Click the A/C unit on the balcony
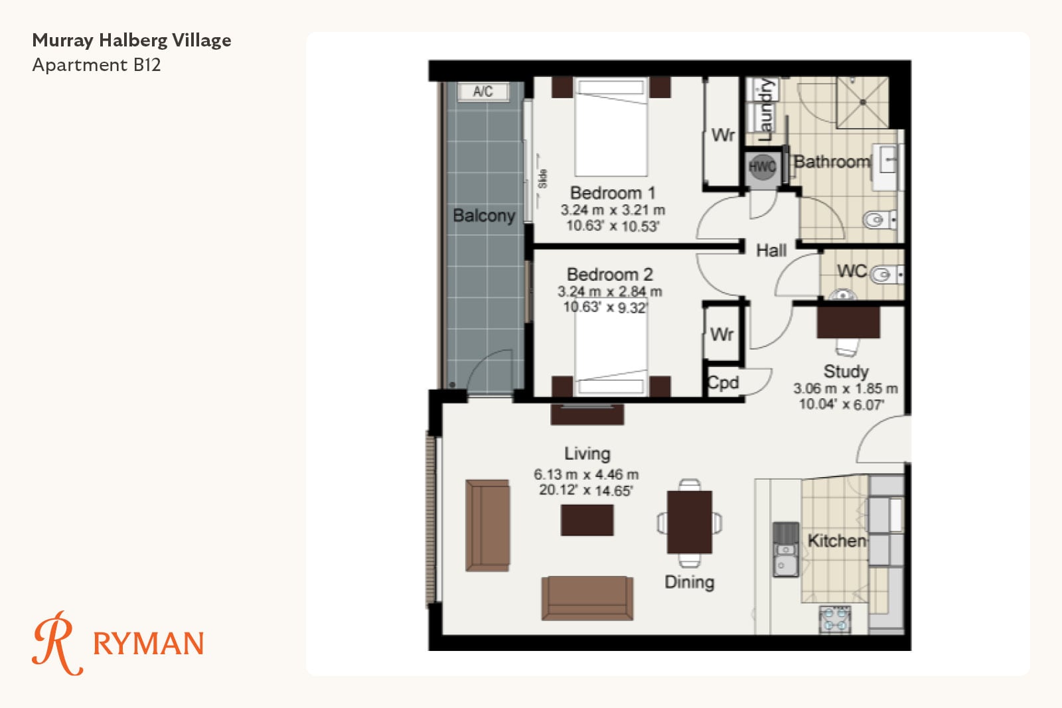point(483,92)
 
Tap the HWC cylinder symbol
point(763,167)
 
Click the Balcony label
point(484,216)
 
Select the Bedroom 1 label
point(613,193)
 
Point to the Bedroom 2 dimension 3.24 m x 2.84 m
point(610,291)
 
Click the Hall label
point(771,250)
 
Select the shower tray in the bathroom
point(862,102)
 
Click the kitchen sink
point(786,549)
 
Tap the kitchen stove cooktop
point(835,619)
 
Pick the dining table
point(690,522)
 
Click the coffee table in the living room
point(587,520)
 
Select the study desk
point(848,322)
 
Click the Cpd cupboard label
point(723,382)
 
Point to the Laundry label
point(765,109)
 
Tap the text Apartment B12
point(96,65)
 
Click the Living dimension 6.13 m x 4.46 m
point(586,474)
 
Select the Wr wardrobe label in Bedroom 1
point(723,135)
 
